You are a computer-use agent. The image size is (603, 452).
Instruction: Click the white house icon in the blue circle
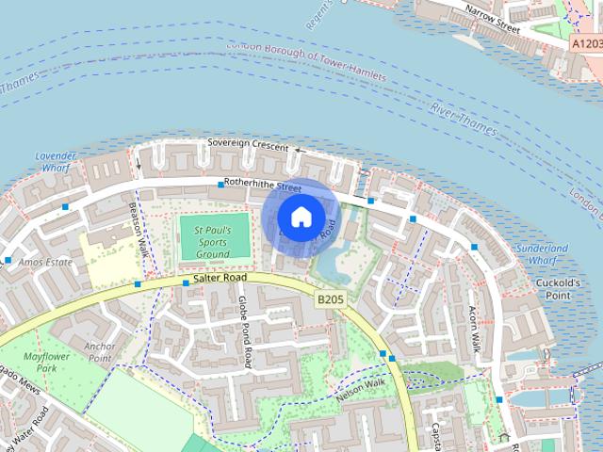coord(301,217)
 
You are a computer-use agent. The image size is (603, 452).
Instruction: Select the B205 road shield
coord(329,299)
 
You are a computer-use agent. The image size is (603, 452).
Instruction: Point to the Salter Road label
coord(220,279)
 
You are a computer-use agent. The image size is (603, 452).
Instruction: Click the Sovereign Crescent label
coord(249,144)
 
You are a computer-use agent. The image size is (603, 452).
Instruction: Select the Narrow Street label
coord(495,20)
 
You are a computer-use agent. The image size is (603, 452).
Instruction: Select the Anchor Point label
coord(99,351)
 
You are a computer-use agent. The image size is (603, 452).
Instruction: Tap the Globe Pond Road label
coord(245,331)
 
